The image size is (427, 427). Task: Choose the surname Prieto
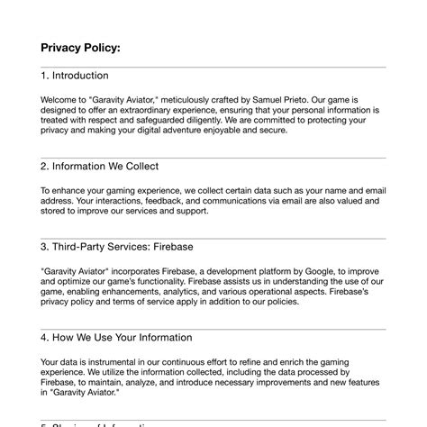click(x=309, y=100)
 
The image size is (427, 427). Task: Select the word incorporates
click(x=141, y=270)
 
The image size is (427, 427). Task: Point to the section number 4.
click(x=44, y=337)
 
